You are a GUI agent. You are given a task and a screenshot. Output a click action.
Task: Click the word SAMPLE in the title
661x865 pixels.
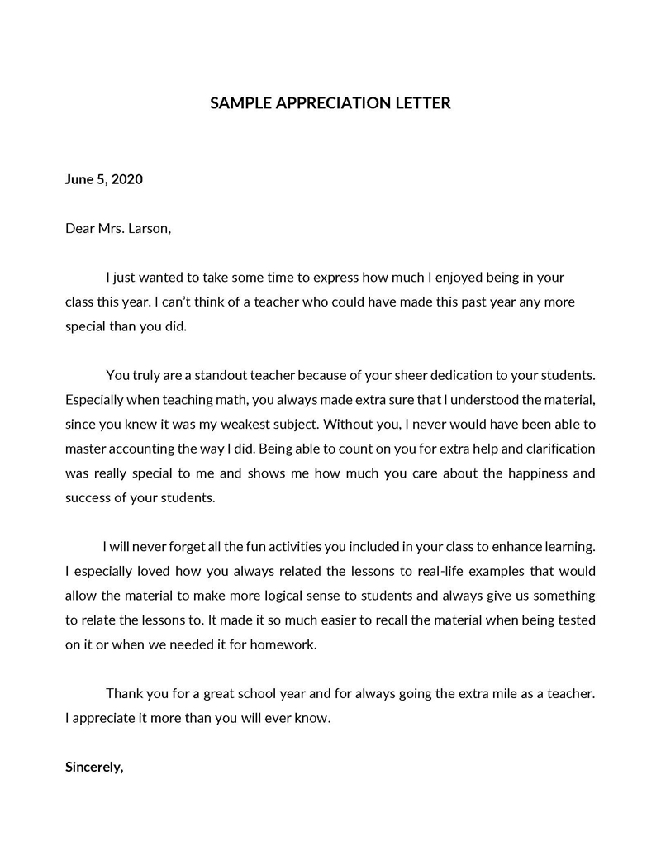(x=239, y=103)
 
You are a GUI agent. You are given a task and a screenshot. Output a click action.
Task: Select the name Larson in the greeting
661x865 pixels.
(x=149, y=228)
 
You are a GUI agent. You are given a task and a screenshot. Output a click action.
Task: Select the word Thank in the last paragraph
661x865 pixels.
(x=124, y=694)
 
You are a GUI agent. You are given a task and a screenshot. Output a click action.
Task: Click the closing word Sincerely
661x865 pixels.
(x=94, y=767)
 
